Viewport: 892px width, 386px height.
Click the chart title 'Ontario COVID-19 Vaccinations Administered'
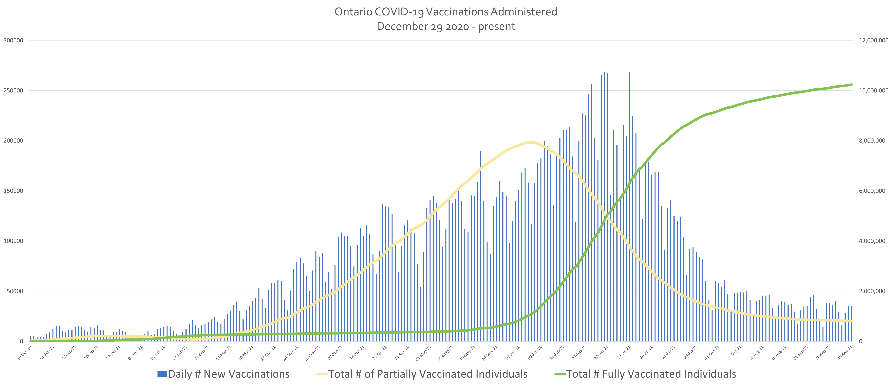click(446, 12)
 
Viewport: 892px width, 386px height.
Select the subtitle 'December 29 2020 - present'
click(446, 26)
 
